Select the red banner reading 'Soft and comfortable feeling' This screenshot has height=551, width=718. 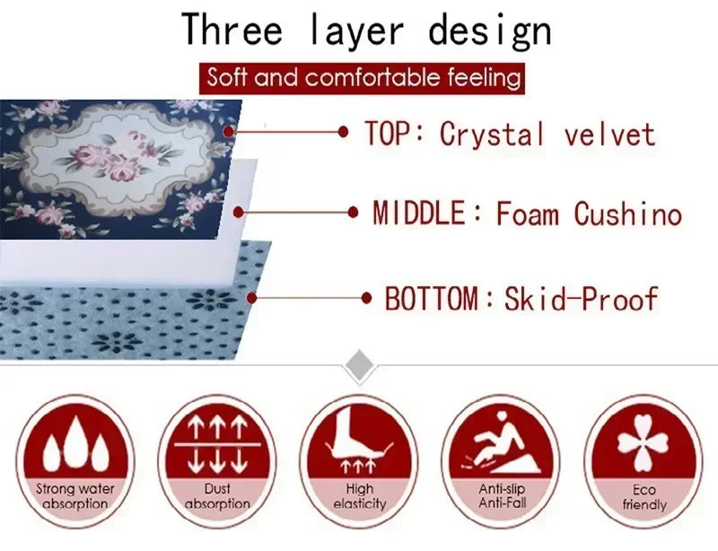[363, 77]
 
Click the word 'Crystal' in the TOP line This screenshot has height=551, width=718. [492, 135]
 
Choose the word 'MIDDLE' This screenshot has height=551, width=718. [419, 214]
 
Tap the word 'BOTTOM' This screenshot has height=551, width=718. [432, 298]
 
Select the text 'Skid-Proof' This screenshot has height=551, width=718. [582, 298]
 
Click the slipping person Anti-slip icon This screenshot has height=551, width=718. [502, 442]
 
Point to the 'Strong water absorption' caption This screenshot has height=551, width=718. [74, 497]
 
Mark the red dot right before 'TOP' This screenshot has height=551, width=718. [343, 132]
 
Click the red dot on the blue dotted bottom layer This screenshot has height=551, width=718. [252, 297]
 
